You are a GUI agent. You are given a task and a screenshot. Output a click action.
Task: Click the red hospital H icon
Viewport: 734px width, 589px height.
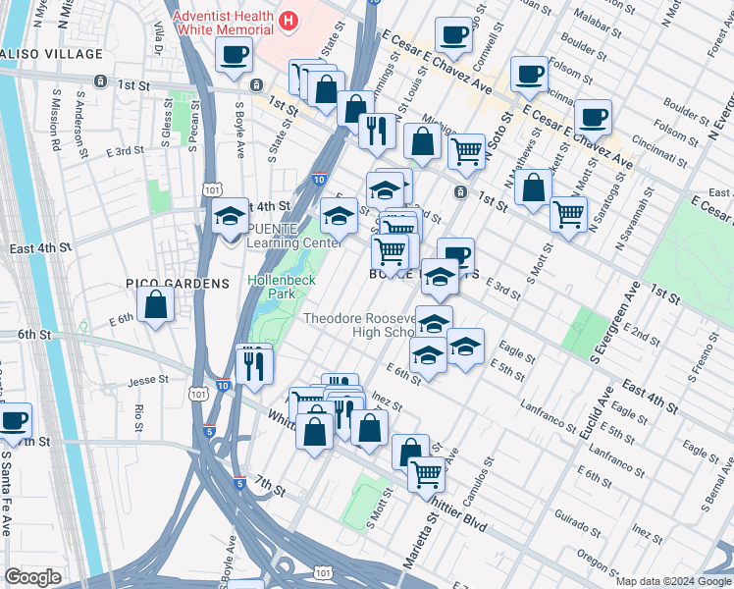[288, 20]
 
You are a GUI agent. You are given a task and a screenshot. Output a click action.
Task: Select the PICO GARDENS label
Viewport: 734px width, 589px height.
[177, 284]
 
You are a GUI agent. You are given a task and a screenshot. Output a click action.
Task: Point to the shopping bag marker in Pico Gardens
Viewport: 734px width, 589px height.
[156, 306]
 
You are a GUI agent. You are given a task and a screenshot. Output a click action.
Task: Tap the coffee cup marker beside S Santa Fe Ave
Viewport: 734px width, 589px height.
[14, 422]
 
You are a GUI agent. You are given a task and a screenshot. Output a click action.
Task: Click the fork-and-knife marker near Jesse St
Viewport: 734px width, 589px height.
[254, 365]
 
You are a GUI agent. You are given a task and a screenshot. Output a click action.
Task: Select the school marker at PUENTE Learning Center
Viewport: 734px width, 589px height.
[231, 218]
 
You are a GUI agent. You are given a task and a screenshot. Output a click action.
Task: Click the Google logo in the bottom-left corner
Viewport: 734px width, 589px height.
[32, 577]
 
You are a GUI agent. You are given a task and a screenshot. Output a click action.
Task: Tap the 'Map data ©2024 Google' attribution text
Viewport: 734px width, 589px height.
[673, 581]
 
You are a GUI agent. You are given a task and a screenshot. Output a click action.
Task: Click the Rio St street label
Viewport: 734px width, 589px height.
[139, 416]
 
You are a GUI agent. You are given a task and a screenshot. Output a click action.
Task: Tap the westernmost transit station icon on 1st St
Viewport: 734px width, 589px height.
[99, 81]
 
